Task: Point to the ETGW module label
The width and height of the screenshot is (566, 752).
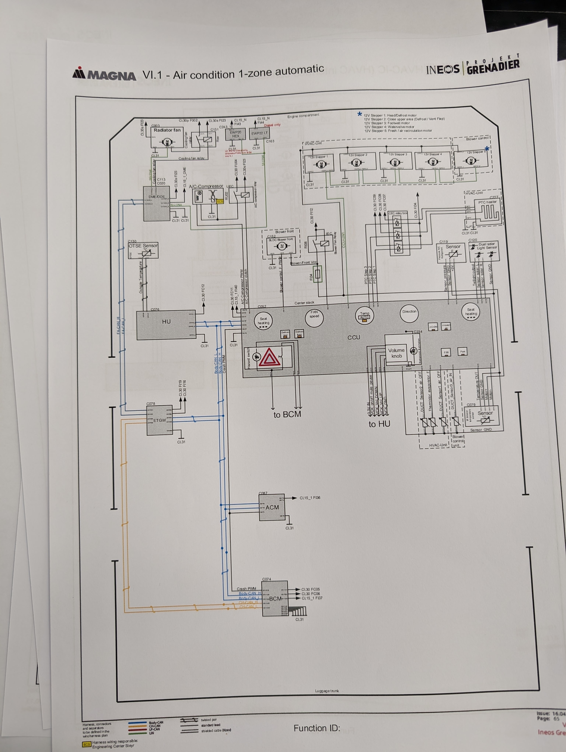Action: (x=159, y=420)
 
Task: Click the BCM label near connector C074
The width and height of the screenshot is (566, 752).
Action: (x=275, y=598)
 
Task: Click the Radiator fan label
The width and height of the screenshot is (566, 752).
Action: (x=167, y=130)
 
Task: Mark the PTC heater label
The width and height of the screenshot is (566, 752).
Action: (x=487, y=202)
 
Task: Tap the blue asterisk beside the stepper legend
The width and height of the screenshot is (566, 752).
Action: (x=359, y=114)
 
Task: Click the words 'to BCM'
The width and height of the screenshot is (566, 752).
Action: (x=287, y=414)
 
